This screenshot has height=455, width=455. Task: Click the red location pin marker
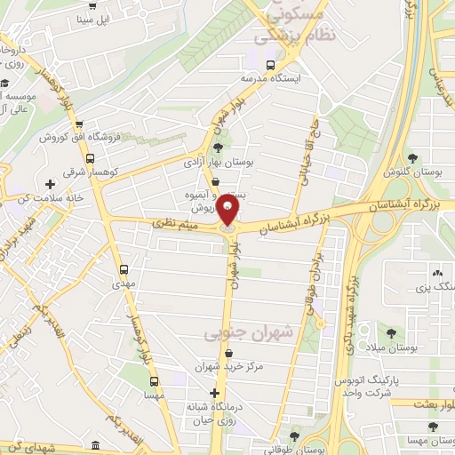pos(228,212)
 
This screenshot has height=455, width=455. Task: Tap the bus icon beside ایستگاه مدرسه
pos(270,64)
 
